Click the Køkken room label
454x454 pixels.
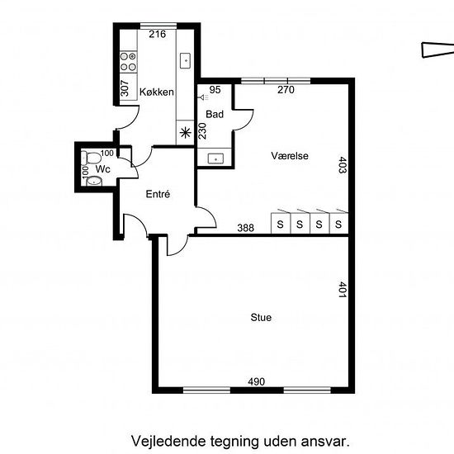pos(157,92)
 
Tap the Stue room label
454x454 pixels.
pos(261,318)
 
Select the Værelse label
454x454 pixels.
pos(290,156)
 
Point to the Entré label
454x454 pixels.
pos(158,194)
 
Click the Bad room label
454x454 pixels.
pos(215,115)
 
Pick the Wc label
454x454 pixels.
pos(103,168)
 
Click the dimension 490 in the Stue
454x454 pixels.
pos(256,381)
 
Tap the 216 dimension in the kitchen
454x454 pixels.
pos(157,34)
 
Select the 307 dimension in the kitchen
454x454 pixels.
pos(124,88)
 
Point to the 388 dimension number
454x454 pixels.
pos(245,228)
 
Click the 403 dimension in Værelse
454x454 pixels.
pos(343,165)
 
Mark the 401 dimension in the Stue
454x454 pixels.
pos(343,290)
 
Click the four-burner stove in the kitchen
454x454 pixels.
pos(128,62)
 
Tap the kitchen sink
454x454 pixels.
pos(185,61)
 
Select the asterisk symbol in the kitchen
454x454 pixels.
pos(185,133)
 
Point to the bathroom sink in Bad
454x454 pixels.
pos(215,158)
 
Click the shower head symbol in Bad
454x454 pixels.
pos(203,97)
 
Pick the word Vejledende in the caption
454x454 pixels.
pos(168,442)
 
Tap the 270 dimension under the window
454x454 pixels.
pos(286,90)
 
